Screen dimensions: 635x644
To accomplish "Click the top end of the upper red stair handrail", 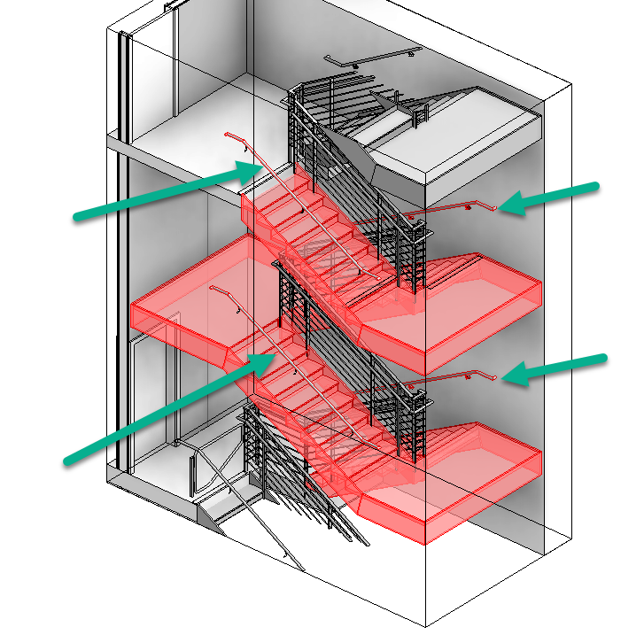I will pos(229,135).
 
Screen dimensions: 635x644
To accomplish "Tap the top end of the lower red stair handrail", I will pos(213,289).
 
